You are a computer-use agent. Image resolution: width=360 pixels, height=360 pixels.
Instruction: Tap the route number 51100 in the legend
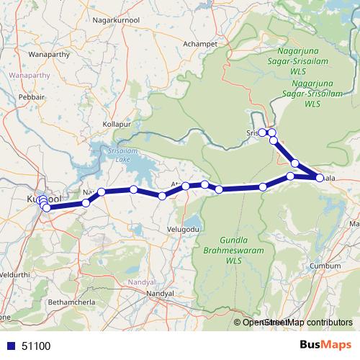[x=36, y=346]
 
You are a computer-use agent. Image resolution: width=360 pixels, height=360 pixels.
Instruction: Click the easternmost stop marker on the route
[x=320, y=177]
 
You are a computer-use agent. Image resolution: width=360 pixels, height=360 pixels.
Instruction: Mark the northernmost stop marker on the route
[x=264, y=132]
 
